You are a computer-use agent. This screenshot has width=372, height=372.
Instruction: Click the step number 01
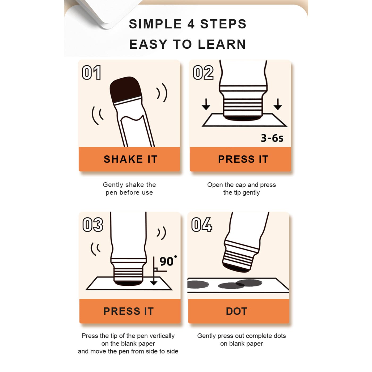[x=91, y=72]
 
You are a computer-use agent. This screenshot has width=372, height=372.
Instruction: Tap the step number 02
[x=203, y=72]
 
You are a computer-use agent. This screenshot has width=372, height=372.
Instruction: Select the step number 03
[x=93, y=225]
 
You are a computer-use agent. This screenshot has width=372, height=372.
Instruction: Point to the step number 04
[x=202, y=224]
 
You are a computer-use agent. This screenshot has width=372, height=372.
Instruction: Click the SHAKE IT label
[x=131, y=159]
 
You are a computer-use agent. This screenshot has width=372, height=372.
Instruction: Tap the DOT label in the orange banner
[x=236, y=311]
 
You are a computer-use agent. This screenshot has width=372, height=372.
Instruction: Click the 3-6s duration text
[x=272, y=138]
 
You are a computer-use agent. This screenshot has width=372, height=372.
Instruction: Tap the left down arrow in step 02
[x=206, y=104]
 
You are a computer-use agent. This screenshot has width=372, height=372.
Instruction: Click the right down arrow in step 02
[x=278, y=104]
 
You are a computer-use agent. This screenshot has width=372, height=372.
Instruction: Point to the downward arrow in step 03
[x=154, y=271]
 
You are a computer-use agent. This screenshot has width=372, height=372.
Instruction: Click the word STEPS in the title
[x=223, y=24]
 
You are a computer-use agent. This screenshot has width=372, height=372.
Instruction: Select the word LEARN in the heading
[x=222, y=44]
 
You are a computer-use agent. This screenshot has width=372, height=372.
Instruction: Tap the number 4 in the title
[x=191, y=24]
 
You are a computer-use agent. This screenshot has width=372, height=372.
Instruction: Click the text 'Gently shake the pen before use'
[x=129, y=189]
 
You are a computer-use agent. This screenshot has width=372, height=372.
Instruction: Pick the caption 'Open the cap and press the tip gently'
[x=242, y=189]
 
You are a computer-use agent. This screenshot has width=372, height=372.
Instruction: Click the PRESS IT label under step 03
[x=129, y=311]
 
